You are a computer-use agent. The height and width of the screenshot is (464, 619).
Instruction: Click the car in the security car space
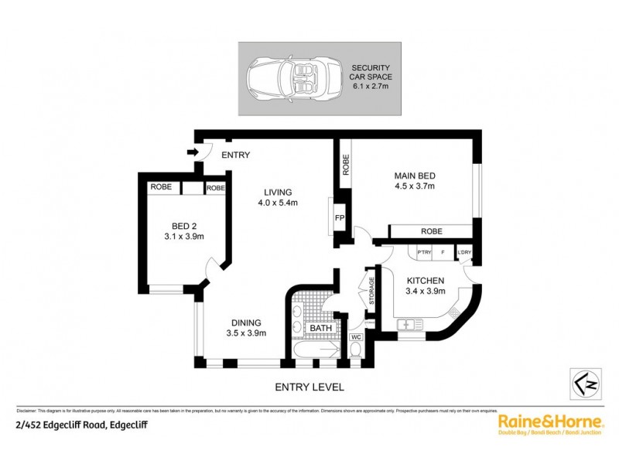(286, 79)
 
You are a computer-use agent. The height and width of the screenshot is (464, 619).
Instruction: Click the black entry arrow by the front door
(191, 153)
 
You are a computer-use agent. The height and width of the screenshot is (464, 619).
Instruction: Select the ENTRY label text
(235, 155)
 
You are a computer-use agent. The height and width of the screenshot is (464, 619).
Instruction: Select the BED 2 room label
(183, 232)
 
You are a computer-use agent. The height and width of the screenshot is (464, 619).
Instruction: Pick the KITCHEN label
(425, 285)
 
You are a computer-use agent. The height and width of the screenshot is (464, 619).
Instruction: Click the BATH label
(320, 329)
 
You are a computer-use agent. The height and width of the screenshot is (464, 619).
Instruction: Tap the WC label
(356, 337)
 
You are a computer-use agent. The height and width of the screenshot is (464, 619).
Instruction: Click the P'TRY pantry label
(423, 252)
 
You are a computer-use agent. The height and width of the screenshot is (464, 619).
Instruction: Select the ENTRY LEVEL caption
(309, 387)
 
